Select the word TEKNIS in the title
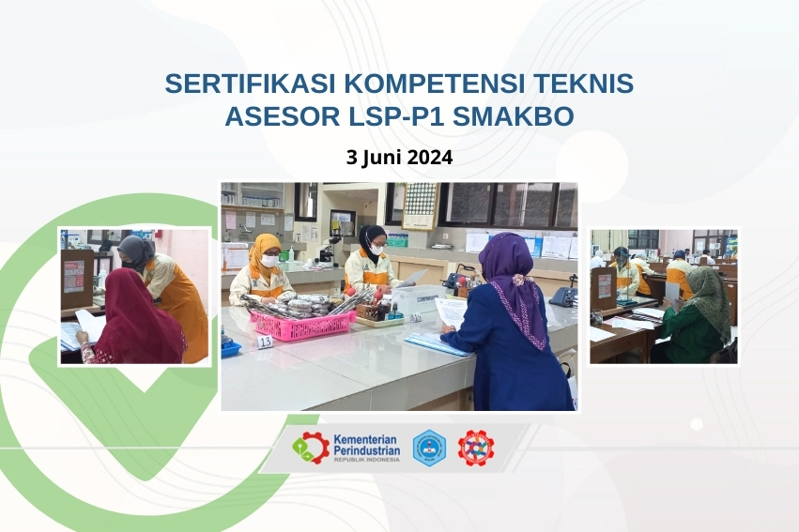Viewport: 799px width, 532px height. (x=584, y=84)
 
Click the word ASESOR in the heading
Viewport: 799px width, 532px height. (x=273, y=117)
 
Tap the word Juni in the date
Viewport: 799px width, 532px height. (x=383, y=158)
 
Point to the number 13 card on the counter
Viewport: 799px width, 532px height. (x=265, y=342)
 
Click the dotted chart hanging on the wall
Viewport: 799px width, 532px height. (x=420, y=204)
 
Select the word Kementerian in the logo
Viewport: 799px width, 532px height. (x=366, y=440)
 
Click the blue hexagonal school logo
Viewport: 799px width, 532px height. (x=430, y=448)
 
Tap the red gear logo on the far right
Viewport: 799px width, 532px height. (x=476, y=448)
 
